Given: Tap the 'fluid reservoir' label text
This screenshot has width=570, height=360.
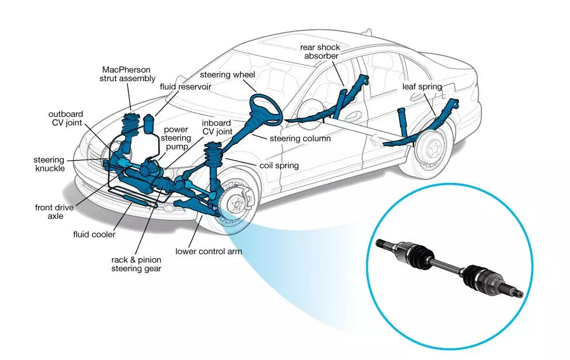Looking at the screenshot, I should (x=185, y=86).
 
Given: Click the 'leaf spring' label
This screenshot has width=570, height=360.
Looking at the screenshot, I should (x=422, y=87).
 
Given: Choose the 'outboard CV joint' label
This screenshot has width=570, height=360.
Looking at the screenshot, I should (x=65, y=118).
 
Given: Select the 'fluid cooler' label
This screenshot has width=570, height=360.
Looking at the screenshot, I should (x=94, y=234).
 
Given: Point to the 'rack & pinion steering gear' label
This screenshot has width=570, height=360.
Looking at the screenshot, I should (x=137, y=264).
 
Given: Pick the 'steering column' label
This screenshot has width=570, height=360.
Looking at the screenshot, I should (x=300, y=139).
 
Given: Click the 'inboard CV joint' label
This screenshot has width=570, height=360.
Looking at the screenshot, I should (x=216, y=127).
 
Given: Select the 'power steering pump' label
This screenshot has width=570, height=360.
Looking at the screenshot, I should (x=176, y=138).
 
